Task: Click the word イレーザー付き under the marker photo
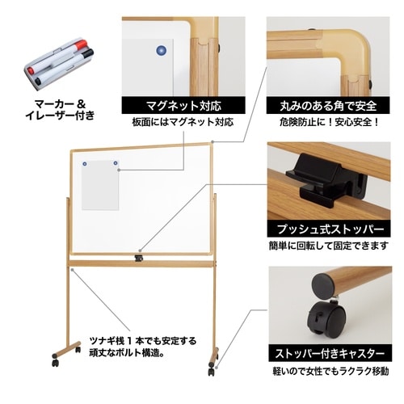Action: point(64,116)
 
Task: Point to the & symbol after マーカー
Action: point(90,103)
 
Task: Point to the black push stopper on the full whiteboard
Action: point(139,258)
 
